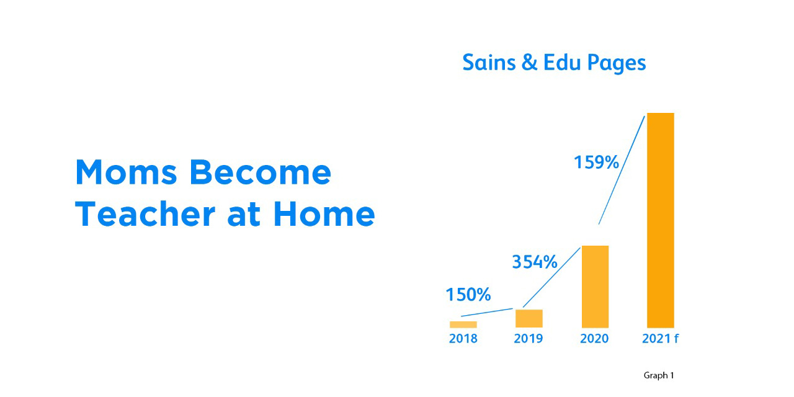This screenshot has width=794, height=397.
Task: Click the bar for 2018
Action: [x=463, y=324]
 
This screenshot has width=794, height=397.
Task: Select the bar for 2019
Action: [x=529, y=319]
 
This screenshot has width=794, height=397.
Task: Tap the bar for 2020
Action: [x=595, y=287]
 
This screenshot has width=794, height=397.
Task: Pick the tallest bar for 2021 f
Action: [x=661, y=220]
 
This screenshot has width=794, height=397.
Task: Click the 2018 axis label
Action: [x=463, y=339]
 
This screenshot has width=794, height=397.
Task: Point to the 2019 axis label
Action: [x=528, y=339]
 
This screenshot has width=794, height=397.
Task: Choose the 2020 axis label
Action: [x=594, y=339]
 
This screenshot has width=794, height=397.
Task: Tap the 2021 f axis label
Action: [x=661, y=339]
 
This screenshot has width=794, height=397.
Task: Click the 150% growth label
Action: [x=468, y=295]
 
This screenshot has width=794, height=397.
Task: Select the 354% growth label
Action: [x=535, y=262]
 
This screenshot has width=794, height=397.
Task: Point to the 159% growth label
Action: [x=596, y=163]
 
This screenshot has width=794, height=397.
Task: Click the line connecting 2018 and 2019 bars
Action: [x=487, y=312]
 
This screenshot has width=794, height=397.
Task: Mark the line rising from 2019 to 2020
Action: [x=551, y=277]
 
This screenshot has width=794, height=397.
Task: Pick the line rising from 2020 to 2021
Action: [x=622, y=170]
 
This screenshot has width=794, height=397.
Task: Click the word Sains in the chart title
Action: [x=489, y=63]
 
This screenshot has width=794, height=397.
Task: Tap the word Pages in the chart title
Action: [x=617, y=63]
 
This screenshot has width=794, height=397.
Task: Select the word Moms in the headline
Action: [x=126, y=172]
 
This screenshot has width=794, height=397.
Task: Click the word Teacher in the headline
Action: [x=145, y=214]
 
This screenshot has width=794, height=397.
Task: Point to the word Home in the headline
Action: [x=324, y=214]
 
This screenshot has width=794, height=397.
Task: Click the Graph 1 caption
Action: [x=659, y=375]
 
